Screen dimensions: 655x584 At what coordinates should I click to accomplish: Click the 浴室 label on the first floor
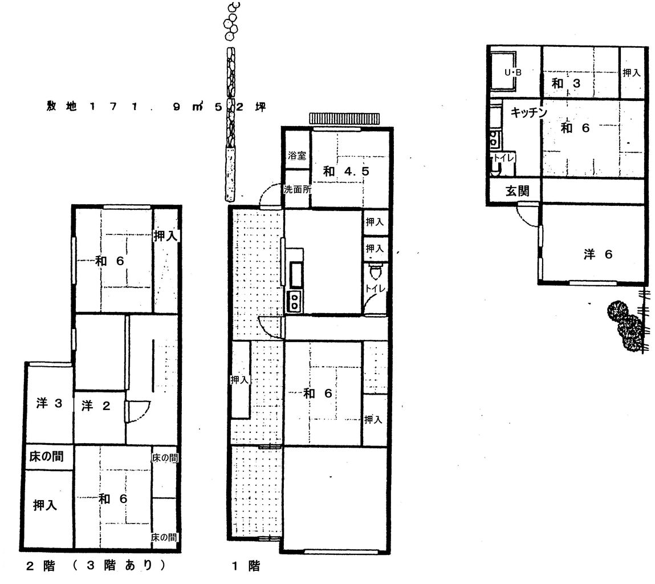click(x=297, y=155)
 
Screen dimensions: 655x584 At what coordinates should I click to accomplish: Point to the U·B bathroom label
click(x=513, y=73)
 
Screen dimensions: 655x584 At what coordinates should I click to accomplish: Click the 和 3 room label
click(x=566, y=83)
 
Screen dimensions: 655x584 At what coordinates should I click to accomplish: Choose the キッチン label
click(x=528, y=113)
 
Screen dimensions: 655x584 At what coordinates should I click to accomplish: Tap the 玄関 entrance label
click(x=517, y=192)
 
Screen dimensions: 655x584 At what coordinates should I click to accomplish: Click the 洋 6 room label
click(x=597, y=254)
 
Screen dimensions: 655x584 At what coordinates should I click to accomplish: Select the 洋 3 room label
click(x=49, y=404)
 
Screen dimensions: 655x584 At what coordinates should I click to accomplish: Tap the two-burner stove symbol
click(x=295, y=300)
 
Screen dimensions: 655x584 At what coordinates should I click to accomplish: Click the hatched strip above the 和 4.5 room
click(x=344, y=119)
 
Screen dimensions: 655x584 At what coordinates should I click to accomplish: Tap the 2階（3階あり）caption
click(x=97, y=566)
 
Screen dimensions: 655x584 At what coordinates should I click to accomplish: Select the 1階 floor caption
click(x=246, y=566)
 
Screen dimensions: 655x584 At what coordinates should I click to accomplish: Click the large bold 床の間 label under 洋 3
click(x=46, y=457)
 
